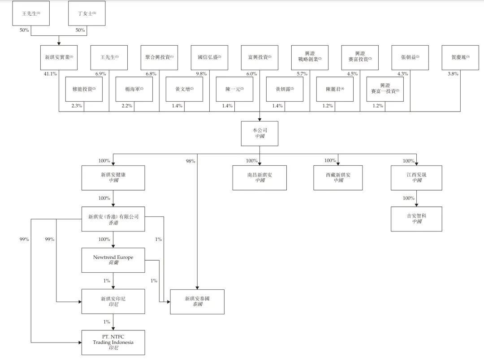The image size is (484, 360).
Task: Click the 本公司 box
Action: [x=259, y=133]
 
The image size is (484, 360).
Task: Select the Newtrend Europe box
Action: [x=113, y=260]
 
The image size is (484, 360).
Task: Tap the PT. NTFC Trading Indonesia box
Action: [x=113, y=343]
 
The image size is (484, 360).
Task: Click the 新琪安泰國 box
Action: [x=197, y=302]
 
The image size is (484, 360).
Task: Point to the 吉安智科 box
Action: [x=416, y=219]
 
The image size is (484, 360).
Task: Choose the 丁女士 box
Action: [x=87, y=13]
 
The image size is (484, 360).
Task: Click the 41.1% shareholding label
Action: [x=50, y=74]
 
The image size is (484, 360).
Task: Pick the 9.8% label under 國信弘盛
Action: [x=201, y=74]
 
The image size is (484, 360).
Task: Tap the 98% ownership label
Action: [x=190, y=161]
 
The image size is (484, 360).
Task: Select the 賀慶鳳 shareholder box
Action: [x=460, y=58]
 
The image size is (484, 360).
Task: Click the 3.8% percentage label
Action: [x=453, y=74]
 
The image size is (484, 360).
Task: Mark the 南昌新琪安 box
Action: [x=259, y=178]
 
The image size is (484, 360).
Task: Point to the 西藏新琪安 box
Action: [x=338, y=178]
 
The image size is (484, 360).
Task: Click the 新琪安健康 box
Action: [x=113, y=178]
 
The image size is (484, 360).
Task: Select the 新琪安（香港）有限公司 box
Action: [x=113, y=219]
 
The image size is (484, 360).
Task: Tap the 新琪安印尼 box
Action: [x=113, y=301]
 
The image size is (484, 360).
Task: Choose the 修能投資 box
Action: [x=84, y=89]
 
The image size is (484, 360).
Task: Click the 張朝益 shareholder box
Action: [x=410, y=58]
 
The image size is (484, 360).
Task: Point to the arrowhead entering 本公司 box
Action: [x=259, y=120]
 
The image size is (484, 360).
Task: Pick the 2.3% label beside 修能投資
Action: [x=77, y=106]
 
